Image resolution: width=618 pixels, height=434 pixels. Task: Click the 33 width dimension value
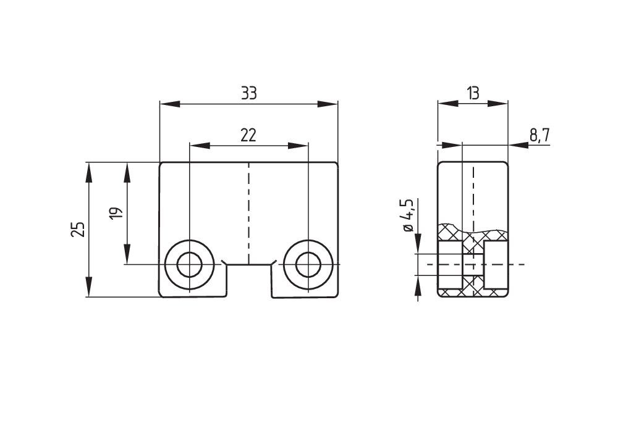click(248, 93)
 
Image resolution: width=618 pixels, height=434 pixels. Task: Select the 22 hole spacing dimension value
click(248, 135)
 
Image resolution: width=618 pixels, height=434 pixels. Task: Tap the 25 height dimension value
click(78, 230)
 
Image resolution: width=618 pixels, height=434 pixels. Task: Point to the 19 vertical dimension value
click(116, 213)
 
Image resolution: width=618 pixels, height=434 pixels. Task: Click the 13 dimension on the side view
click(473, 93)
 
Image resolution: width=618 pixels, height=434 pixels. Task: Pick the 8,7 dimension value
click(540, 135)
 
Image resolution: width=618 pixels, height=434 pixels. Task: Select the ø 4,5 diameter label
click(407, 215)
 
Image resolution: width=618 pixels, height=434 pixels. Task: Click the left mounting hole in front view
click(189, 265)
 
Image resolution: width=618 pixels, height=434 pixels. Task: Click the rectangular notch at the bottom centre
click(248, 281)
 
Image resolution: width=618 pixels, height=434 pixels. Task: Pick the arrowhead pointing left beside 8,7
click(518, 146)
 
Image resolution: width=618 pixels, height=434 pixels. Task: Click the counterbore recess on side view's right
click(496, 265)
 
